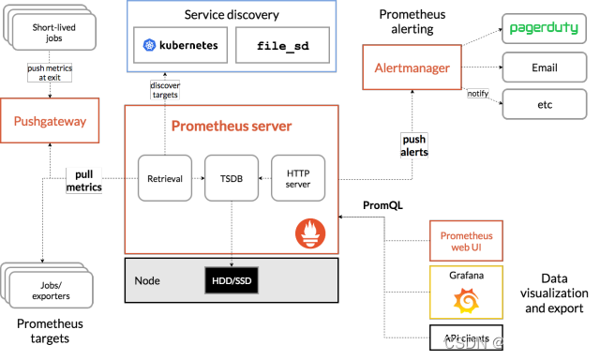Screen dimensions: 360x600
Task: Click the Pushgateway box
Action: (x=50, y=121)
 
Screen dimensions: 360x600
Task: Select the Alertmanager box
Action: (x=412, y=67)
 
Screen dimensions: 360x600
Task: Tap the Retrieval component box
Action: (x=165, y=177)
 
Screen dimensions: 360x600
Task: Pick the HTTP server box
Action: (x=298, y=177)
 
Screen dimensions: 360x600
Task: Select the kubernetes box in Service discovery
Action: (x=180, y=45)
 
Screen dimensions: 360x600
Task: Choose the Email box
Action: (x=545, y=67)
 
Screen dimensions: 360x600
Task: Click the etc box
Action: (x=545, y=104)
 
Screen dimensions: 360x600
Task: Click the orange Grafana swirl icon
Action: (x=466, y=301)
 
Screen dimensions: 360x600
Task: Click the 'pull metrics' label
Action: (x=83, y=181)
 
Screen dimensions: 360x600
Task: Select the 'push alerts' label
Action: (x=413, y=145)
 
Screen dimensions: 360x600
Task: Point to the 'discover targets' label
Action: (x=165, y=90)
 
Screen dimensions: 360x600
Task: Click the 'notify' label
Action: (x=478, y=94)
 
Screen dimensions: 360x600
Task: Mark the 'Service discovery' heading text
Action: (x=231, y=15)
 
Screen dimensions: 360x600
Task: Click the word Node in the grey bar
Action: (x=147, y=280)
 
